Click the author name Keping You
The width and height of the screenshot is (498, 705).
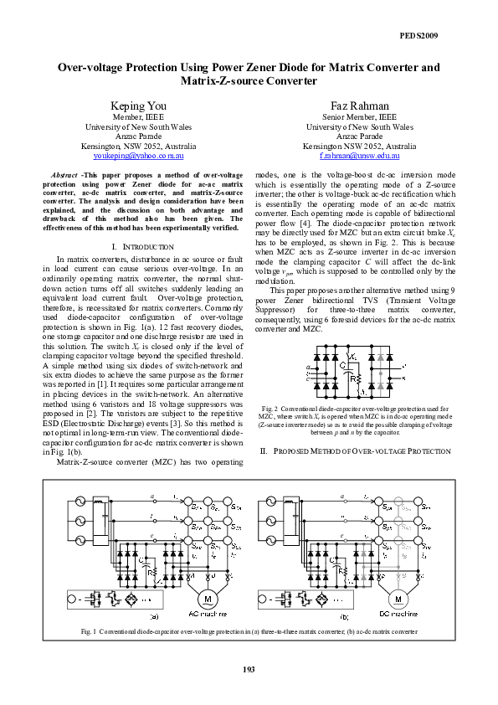point(139,105)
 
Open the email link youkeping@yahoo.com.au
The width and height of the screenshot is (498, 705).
point(139,156)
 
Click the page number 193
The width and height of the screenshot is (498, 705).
point(249,667)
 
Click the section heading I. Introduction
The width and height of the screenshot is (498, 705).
point(141,247)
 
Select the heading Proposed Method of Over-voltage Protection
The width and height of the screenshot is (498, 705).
point(359,451)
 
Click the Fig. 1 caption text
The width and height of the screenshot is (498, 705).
point(249,630)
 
